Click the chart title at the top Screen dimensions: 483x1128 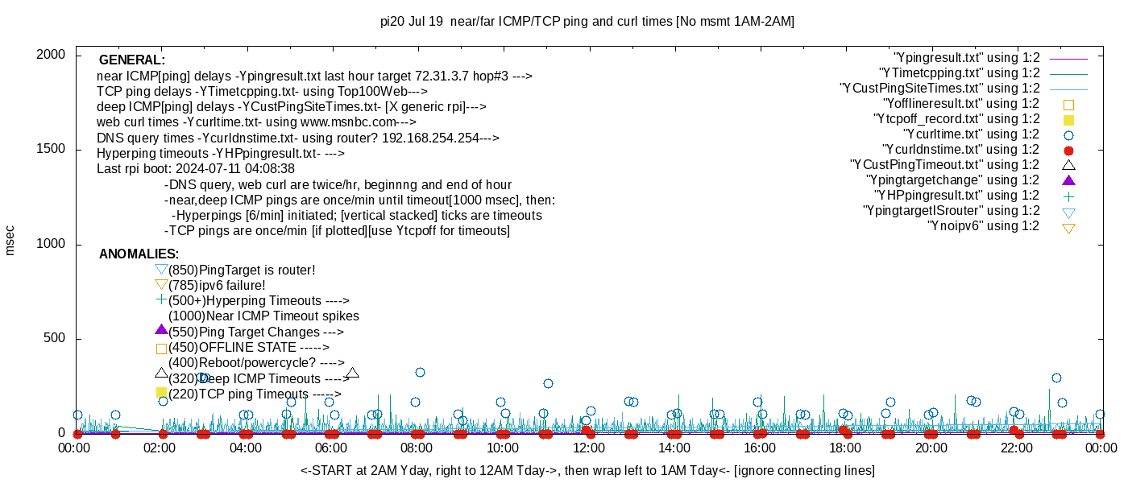click(587, 22)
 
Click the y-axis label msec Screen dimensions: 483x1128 click(10, 240)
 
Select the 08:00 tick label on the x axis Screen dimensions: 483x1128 click(417, 448)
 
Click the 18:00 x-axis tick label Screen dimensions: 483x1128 click(845, 448)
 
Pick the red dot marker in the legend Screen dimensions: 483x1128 click(1068, 151)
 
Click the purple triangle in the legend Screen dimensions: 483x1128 click(1068, 180)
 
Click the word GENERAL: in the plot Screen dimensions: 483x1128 click(132, 60)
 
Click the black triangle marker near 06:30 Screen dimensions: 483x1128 click(352, 374)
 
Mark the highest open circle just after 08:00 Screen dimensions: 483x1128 click(420, 372)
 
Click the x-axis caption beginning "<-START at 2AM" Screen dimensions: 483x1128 click(587, 470)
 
